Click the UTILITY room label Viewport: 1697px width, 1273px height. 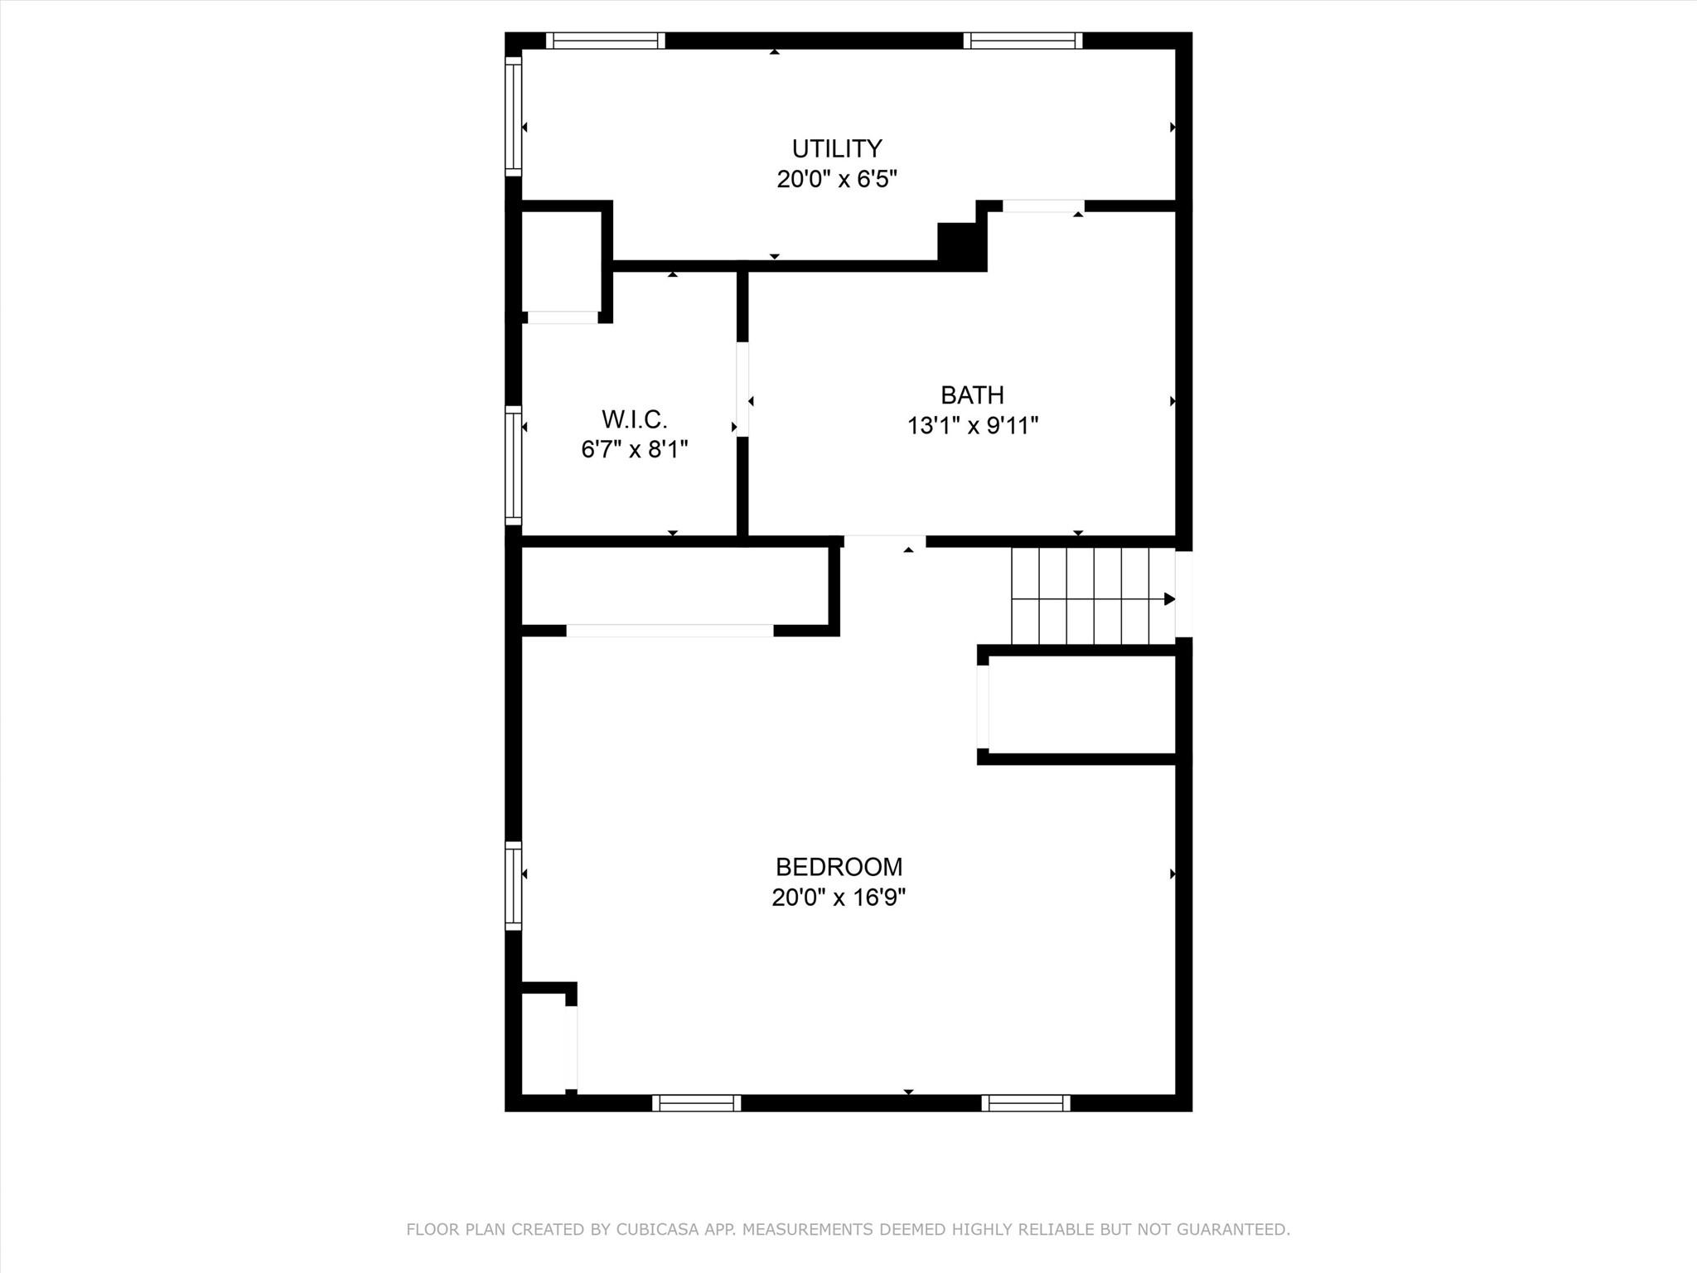point(837,149)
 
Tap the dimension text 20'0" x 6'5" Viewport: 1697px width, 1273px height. point(837,179)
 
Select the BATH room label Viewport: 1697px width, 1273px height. point(972,395)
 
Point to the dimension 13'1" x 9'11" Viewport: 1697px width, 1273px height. point(973,426)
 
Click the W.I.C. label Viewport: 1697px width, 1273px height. point(635,419)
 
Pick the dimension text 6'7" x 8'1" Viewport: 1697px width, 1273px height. point(635,450)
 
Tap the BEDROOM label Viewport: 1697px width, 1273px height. point(839,867)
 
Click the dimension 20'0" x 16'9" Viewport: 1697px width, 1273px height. point(839,898)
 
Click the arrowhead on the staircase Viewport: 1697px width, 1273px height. point(1169,599)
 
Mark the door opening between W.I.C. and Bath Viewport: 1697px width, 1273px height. point(742,390)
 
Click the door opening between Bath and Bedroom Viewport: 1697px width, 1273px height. point(885,541)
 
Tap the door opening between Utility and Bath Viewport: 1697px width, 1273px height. point(1044,206)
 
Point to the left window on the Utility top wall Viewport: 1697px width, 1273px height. point(606,41)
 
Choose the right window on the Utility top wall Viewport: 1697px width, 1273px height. point(1023,41)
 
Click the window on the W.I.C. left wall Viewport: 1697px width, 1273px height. point(514,466)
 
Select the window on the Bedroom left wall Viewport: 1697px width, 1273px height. point(514,886)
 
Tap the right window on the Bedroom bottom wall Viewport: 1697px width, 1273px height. point(1026,1103)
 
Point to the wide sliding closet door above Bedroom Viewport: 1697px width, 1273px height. point(670,631)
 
